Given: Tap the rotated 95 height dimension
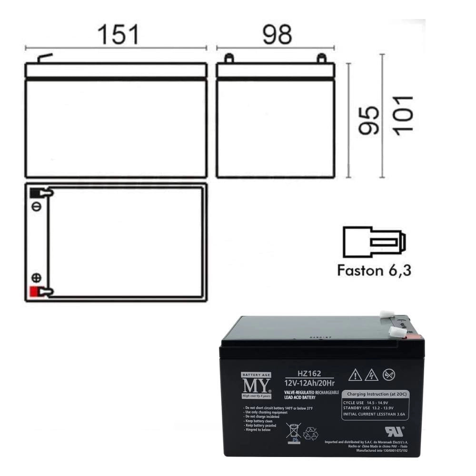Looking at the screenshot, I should pyautogui.click(x=369, y=120).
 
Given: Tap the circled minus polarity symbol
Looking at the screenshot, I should pyautogui.click(x=36, y=207).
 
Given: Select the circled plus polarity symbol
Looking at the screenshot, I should pyautogui.click(x=36, y=278).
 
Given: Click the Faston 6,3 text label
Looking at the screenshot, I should pyautogui.click(x=374, y=270).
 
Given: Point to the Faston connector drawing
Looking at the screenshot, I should pyautogui.click(x=374, y=242).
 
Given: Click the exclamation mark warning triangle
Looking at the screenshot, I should pyautogui.click(x=355, y=376).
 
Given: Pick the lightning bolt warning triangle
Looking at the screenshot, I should pyautogui.click(x=371, y=376).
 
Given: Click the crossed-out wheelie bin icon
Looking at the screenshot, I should pyautogui.click(x=293, y=432).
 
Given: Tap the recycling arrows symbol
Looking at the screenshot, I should pyautogui.click(x=311, y=433).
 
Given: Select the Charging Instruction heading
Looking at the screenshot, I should pyautogui.click(x=375, y=394).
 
